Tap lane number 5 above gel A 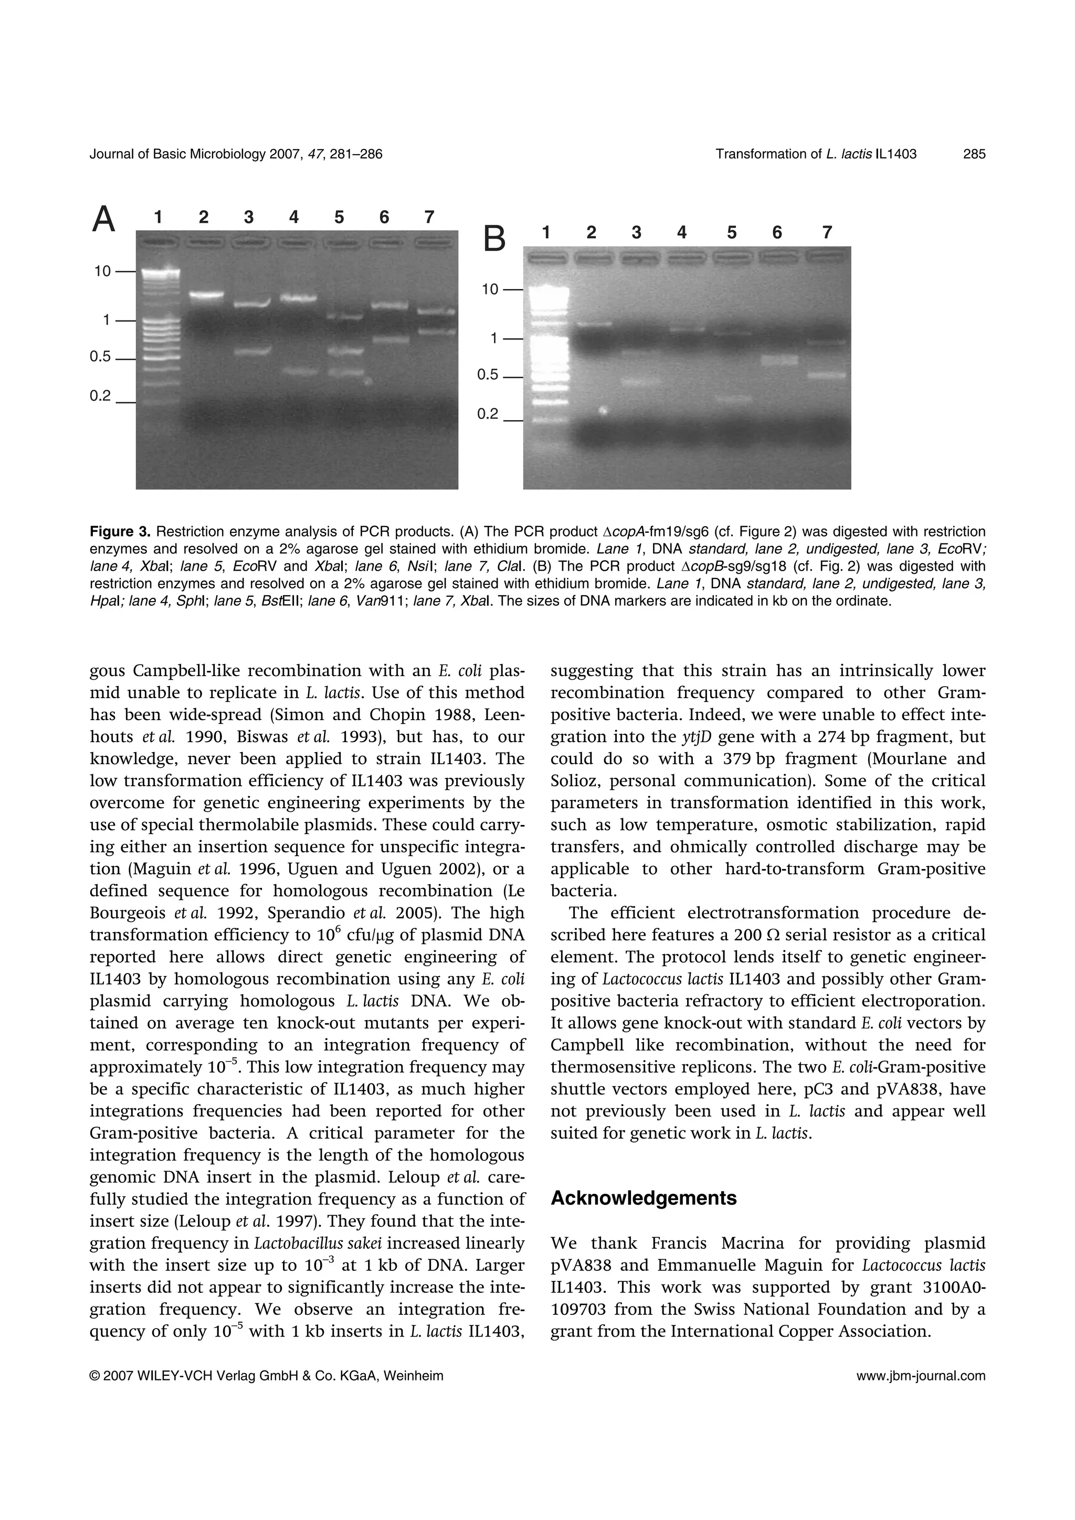point(339,217)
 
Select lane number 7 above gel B point(827,232)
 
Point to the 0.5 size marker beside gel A point(100,357)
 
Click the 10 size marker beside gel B point(490,290)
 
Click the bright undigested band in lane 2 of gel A point(206,295)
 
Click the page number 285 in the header point(974,154)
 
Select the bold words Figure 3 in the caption point(120,532)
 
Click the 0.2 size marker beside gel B point(488,414)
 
